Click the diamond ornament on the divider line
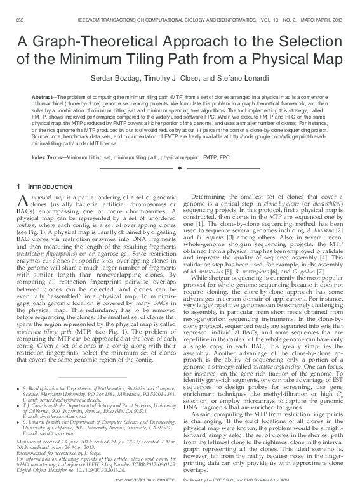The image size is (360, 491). (180, 167)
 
